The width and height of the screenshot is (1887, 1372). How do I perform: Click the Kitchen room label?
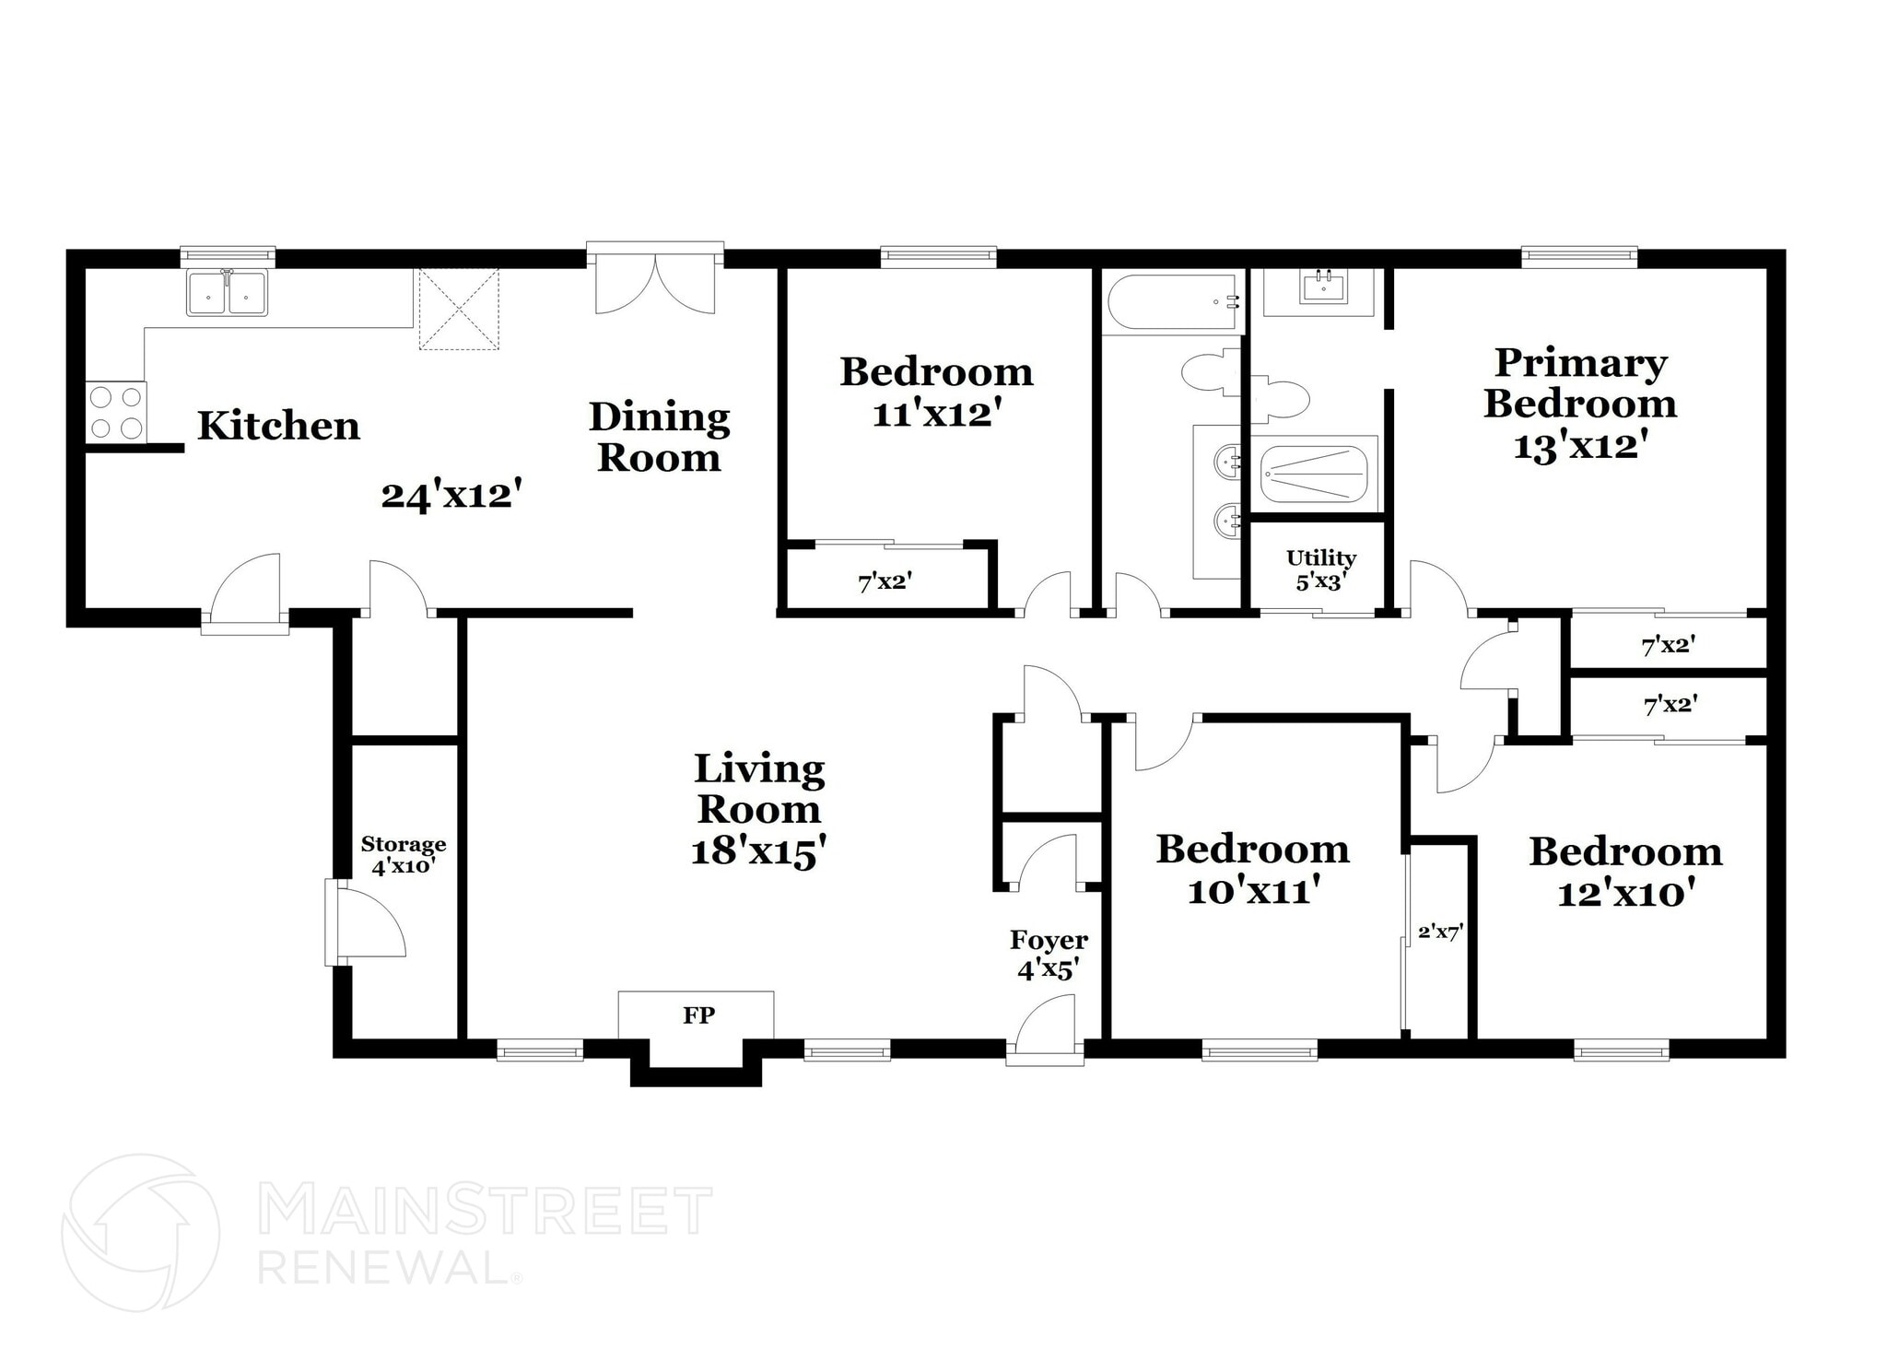278,426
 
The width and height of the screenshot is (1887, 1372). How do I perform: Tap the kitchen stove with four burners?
116,412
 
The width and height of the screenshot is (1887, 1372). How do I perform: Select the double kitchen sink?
227,292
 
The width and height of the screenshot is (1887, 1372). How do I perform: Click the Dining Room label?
659,438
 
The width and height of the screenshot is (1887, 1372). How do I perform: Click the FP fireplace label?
698,1015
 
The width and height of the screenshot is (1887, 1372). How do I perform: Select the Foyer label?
1049,940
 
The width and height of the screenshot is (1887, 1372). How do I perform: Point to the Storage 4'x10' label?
403,855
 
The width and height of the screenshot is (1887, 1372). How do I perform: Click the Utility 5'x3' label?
1321,569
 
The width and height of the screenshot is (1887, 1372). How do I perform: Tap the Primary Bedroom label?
1580,383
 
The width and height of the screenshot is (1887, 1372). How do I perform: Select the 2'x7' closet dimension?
1440,932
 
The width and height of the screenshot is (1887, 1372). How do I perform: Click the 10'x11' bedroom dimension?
1254,891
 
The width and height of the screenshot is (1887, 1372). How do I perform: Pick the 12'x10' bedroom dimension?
1625,893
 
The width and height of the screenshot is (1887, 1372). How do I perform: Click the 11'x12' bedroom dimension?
936,414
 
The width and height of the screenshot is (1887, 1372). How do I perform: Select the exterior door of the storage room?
367,922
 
